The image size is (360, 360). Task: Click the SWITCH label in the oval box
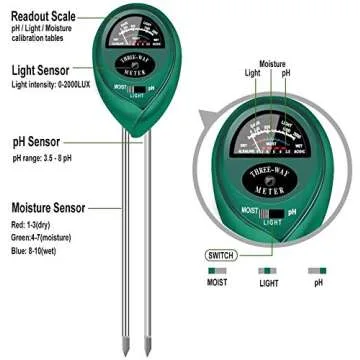pyautogui.click(x=224, y=254)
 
